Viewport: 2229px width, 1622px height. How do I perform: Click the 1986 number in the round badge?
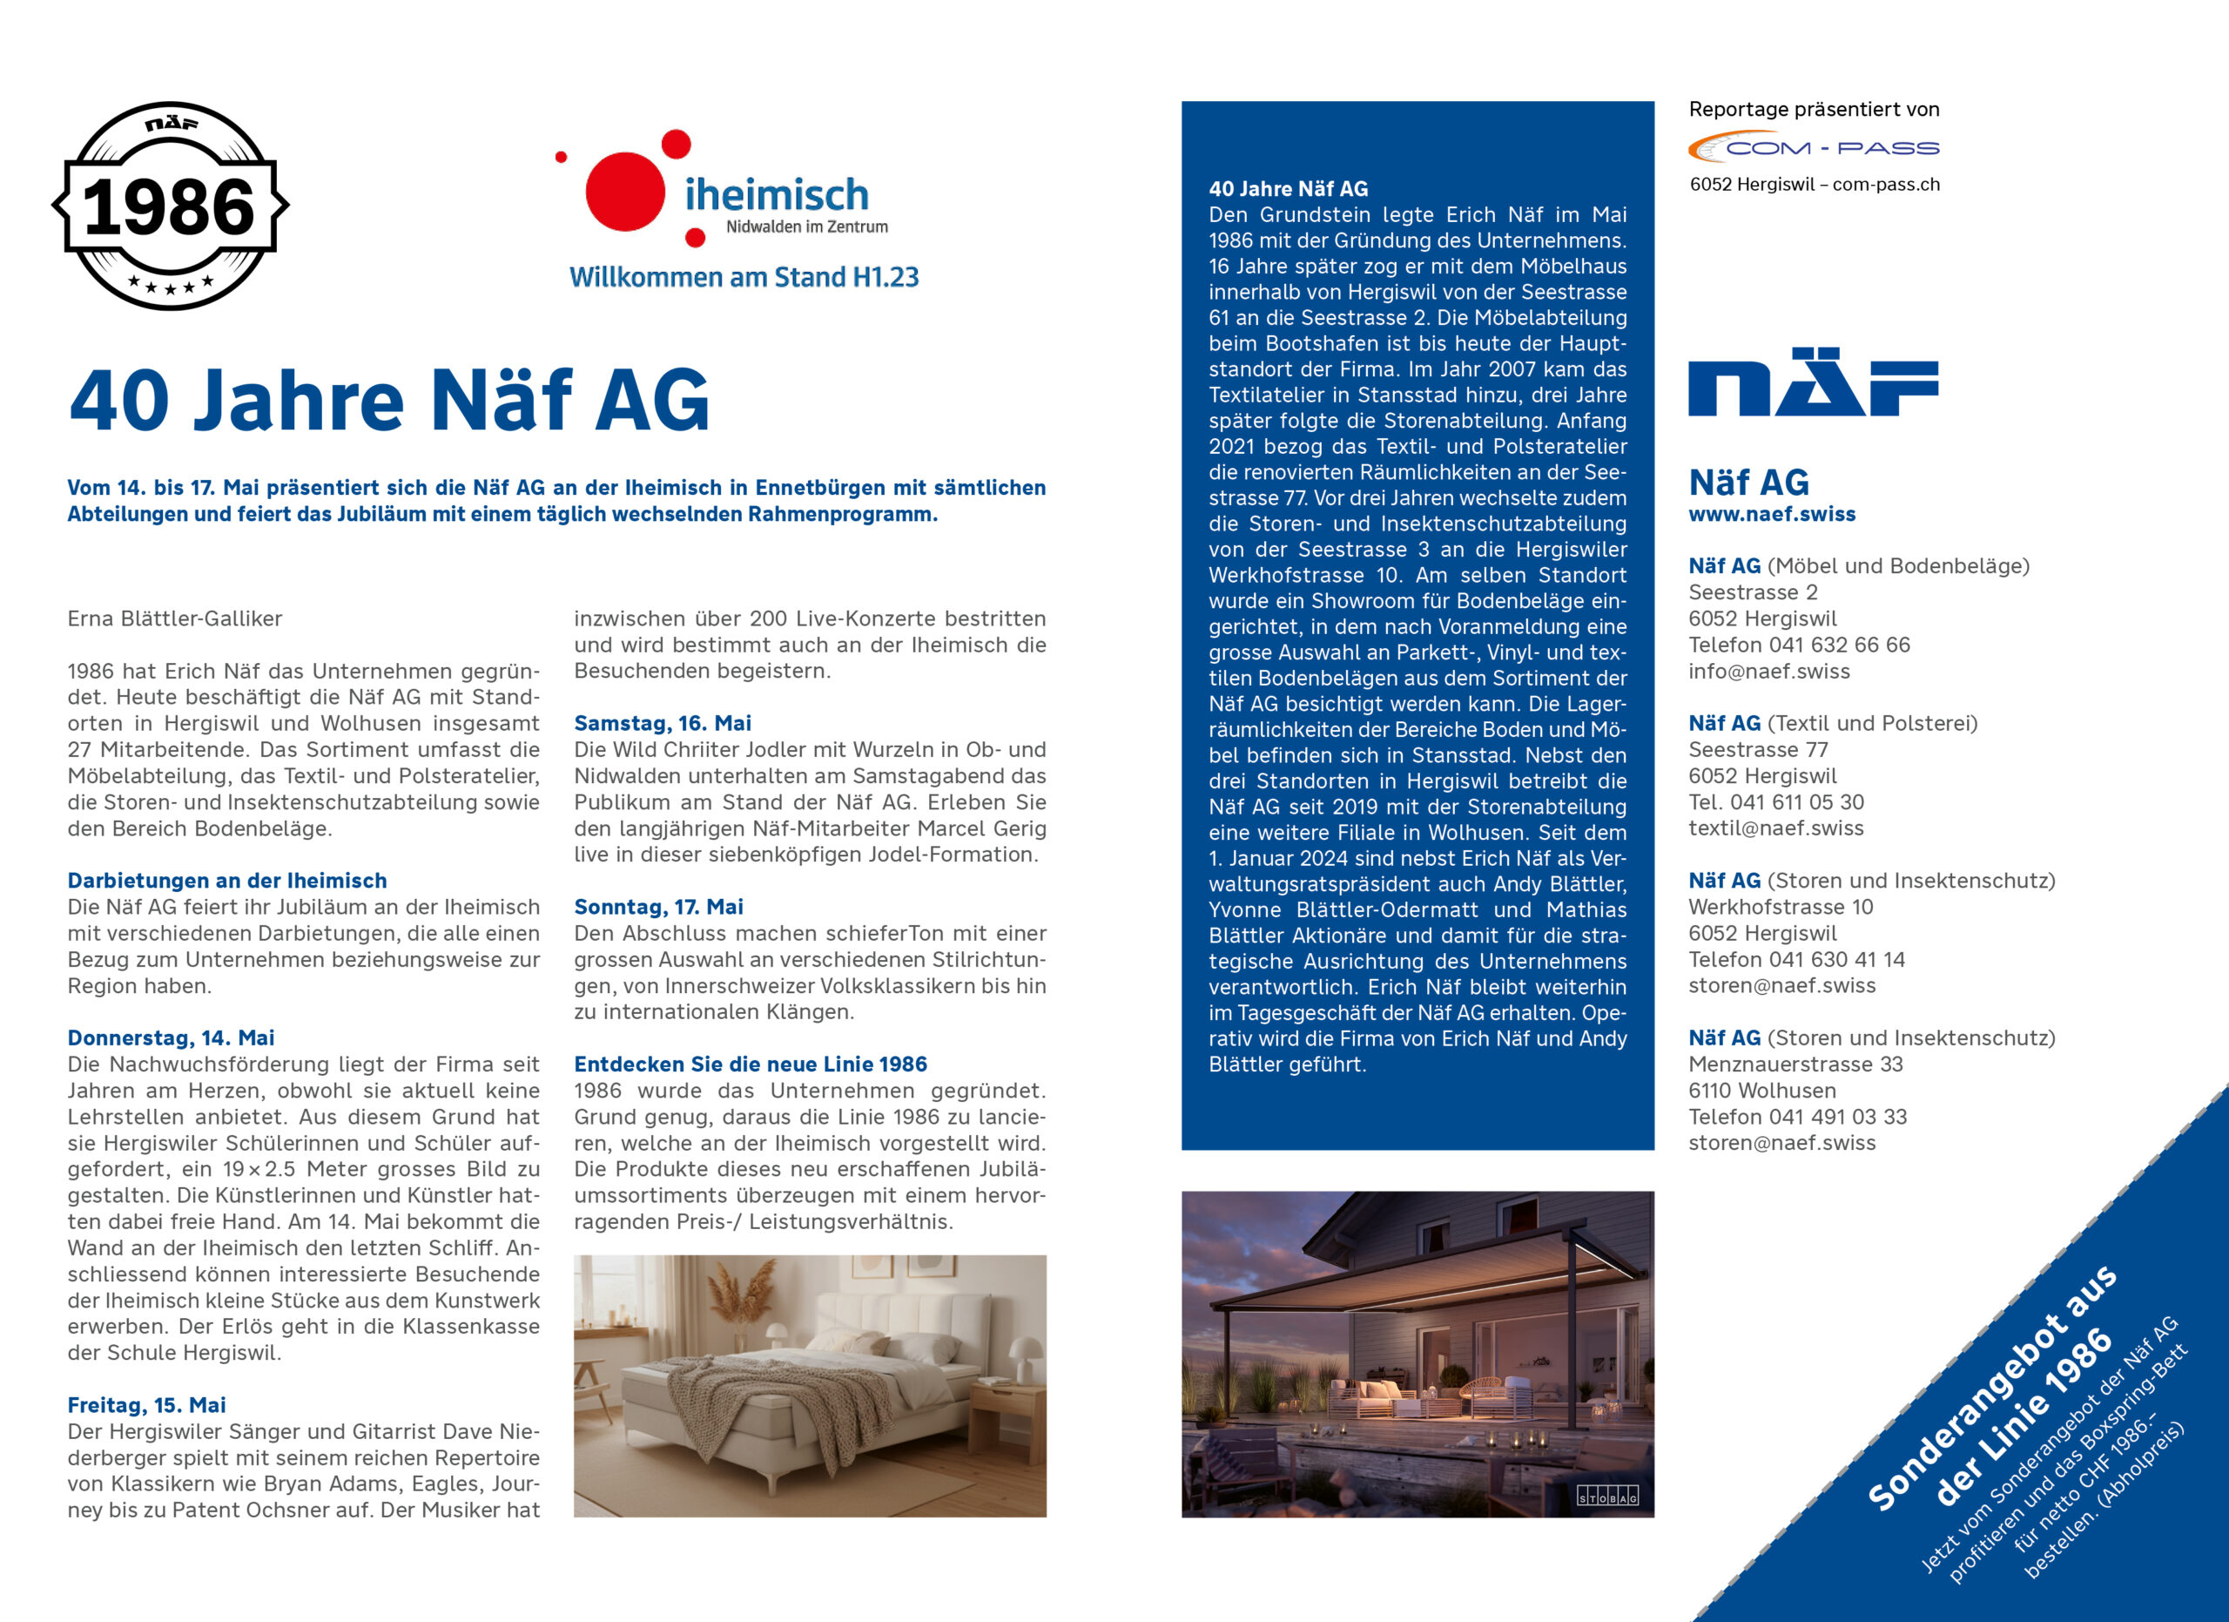point(169,207)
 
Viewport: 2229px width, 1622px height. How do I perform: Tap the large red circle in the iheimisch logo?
point(625,192)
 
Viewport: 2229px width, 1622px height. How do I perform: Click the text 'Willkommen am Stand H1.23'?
point(744,277)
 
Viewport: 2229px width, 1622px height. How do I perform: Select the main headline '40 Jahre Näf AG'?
point(389,401)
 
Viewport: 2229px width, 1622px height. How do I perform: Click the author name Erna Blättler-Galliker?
point(175,619)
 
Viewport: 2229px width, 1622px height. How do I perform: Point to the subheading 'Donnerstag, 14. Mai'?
point(171,1038)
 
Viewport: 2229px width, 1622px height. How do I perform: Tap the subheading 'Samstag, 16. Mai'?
point(663,724)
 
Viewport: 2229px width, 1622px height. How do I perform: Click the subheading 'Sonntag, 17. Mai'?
point(658,908)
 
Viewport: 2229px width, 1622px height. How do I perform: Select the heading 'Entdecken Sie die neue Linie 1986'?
point(751,1064)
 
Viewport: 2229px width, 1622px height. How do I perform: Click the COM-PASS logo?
point(1814,147)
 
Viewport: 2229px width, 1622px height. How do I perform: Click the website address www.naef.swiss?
point(1772,514)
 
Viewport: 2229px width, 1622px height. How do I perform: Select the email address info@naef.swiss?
point(1769,672)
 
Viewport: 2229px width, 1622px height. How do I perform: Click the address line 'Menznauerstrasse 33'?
point(1795,1064)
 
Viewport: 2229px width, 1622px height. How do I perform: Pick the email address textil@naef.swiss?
point(1776,828)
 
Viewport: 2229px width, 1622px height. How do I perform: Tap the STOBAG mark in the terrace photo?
point(1608,1497)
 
